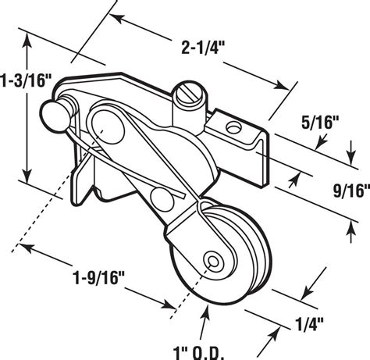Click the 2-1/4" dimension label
click(x=203, y=48)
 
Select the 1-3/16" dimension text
click(x=26, y=80)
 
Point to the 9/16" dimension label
click(x=352, y=191)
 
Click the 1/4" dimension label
click(x=309, y=324)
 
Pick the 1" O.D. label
click(x=198, y=354)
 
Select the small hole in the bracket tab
click(x=233, y=127)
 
